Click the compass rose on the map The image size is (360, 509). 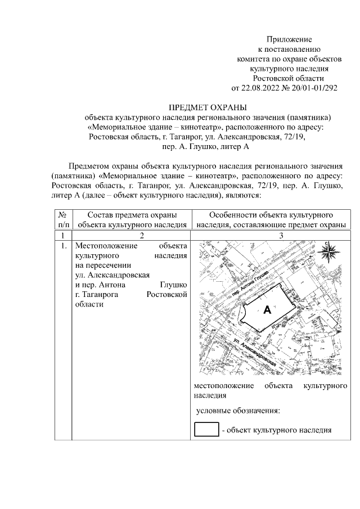(327, 253)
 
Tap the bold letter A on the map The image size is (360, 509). (267, 309)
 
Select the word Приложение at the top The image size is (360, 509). (289, 40)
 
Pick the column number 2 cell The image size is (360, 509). (131, 236)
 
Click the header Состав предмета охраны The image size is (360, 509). (132, 215)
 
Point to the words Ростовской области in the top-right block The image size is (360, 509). (289, 78)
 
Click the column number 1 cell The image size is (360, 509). (63, 236)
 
